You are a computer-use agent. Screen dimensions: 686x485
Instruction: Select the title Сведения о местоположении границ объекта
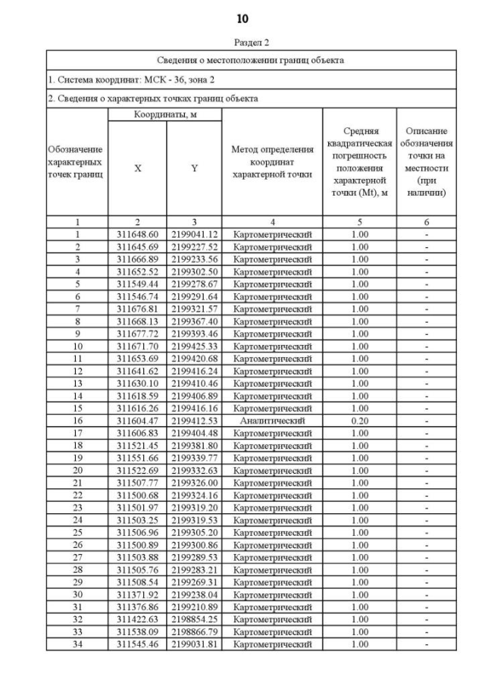click(x=251, y=60)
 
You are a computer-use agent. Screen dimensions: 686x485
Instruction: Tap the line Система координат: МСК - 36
click(x=121, y=79)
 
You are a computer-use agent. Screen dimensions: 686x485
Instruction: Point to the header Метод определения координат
click(x=272, y=161)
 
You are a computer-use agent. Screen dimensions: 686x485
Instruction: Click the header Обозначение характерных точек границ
click(x=77, y=161)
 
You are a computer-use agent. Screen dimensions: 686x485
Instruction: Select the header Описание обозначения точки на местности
click(x=427, y=161)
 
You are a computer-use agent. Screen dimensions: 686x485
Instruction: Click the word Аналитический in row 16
click(x=272, y=420)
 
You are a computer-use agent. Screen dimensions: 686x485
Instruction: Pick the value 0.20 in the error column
click(x=360, y=420)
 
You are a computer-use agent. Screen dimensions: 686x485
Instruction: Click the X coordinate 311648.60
click(x=137, y=234)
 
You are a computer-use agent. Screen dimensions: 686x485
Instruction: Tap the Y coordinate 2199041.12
click(x=194, y=234)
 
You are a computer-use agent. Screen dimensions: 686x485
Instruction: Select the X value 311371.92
click(x=137, y=595)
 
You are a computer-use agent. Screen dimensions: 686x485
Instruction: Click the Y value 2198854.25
click(x=194, y=619)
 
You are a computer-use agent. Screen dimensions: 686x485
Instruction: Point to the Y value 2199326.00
click(x=194, y=482)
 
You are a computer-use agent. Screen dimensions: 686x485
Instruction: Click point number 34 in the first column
click(x=77, y=644)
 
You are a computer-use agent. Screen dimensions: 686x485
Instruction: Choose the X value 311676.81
click(x=137, y=309)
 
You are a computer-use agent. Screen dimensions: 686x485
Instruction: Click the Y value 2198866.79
click(x=194, y=631)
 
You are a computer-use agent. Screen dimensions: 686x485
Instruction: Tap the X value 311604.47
click(x=137, y=420)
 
